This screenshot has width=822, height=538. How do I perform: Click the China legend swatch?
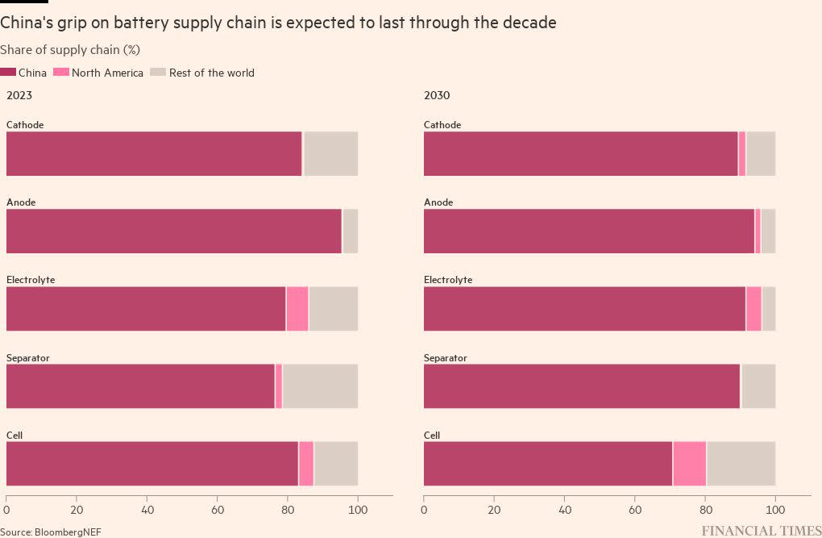coord(8,73)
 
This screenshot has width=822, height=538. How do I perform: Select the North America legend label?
coord(107,73)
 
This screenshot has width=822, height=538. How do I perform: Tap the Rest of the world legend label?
coord(211,73)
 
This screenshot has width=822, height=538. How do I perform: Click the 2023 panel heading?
coord(19,95)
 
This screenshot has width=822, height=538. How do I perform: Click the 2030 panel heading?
coord(437,95)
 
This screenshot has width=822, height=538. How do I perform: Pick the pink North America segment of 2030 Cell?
coord(689,464)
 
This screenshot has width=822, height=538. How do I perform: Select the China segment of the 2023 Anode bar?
coord(173,231)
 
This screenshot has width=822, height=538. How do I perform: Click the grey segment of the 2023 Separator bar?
coord(320,386)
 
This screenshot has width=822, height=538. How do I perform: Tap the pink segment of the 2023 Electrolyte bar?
coord(297,309)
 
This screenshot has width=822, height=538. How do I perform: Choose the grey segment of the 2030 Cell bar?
coord(741,464)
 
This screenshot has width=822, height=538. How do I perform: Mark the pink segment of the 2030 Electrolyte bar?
coord(753,309)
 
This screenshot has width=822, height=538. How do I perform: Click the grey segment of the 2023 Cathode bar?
coord(330,154)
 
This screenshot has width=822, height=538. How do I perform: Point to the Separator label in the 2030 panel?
coord(445,358)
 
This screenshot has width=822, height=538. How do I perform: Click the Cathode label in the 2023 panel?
coord(25,125)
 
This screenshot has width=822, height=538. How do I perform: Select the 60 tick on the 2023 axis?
coord(218,510)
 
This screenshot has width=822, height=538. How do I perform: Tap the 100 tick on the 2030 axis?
coord(775,510)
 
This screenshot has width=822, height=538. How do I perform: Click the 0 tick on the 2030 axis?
coord(424,510)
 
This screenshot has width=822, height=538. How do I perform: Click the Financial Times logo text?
coord(762,531)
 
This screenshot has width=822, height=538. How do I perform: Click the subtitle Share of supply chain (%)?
coord(70,50)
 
